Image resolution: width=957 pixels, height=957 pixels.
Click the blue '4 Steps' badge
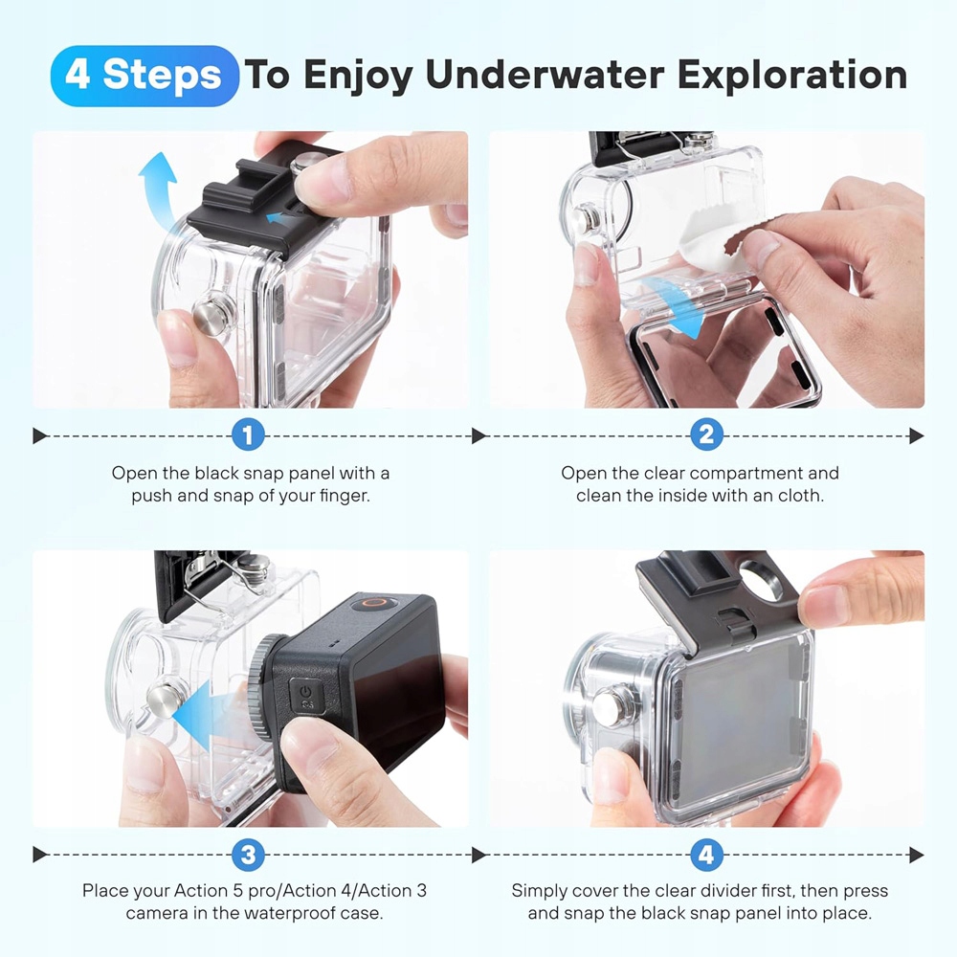pos(145,76)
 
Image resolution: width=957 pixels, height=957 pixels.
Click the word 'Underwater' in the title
pos(545,75)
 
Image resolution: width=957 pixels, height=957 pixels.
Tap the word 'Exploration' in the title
pos(792,75)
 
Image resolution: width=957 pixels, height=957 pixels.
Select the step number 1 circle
pos(248,435)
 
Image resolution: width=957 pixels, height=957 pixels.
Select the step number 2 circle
pos(706,435)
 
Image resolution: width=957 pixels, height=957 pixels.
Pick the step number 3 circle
pos(248,855)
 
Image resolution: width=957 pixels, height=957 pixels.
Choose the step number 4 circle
pos(706,855)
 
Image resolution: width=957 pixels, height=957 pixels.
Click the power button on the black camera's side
pos(306,696)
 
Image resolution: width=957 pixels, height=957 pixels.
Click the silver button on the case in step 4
pos(613,706)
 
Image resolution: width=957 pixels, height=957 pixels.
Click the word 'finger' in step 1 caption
pos(345,496)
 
